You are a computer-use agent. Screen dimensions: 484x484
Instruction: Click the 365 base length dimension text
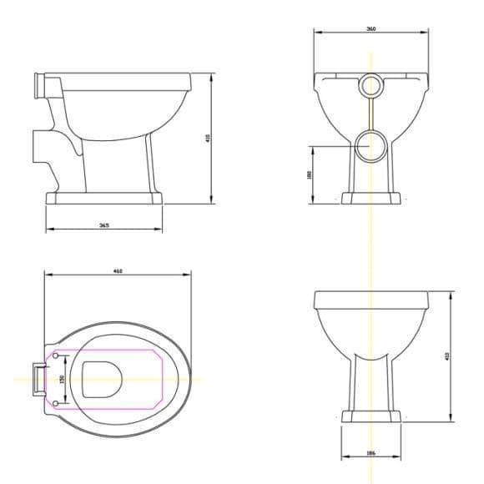tap(103, 224)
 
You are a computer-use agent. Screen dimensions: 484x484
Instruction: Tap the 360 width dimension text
tap(370, 29)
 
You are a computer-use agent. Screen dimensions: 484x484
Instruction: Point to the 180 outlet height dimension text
tap(309, 174)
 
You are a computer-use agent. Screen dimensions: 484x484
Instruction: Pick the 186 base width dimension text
tap(370, 454)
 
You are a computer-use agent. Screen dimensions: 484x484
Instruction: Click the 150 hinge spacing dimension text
tap(61, 379)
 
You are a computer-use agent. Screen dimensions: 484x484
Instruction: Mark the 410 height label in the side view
tap(208, 138)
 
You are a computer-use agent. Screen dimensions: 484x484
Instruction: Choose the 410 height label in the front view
tap(448, 356)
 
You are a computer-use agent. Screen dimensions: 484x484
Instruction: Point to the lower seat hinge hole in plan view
tap(56, 404)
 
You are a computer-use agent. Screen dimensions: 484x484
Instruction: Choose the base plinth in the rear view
tap(370, 198)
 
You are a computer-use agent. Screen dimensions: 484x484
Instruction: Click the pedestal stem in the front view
tap(370, 380)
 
